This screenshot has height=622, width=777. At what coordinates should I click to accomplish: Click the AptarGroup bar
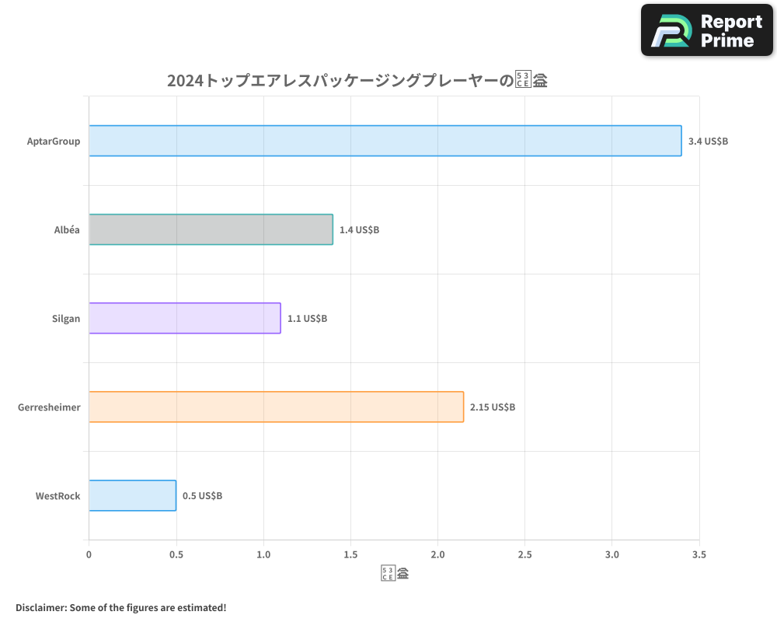[x=385, y=141]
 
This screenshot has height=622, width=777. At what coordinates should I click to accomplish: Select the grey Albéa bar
[x=211, y=229]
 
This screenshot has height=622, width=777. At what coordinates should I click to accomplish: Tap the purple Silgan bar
[x=184, y=318]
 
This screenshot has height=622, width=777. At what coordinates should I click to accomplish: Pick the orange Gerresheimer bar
[x=276, y=407]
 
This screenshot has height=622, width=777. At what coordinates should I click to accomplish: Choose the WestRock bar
[x=132, y=495]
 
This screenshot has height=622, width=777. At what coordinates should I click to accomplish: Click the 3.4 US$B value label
[x=708, y=142]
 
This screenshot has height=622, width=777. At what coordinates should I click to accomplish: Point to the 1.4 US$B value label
[x=359, y=230]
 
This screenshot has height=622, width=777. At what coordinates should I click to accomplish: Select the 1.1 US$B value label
[x=307, y=319]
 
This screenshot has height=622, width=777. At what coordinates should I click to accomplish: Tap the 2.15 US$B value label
[x=493, y=407]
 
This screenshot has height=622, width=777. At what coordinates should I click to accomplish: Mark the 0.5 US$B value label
[x=202, y=496]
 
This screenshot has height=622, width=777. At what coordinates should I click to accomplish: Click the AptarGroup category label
[x=54, y=142]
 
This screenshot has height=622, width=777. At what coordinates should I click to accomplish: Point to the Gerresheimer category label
[x=49, y=407]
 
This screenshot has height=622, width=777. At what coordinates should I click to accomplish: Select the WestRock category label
[x=57, y=496]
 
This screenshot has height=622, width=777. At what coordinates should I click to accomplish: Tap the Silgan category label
[x=66, y=319]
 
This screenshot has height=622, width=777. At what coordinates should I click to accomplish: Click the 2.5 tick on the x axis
[x=525, y=554]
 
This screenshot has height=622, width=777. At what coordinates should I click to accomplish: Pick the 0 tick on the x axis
[x=89, y=554]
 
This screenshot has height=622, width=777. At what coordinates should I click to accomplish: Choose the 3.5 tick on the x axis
[x=699, y=554]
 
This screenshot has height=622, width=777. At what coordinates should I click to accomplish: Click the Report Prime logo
[x=707, y=30]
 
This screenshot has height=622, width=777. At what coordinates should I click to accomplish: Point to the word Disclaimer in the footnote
[x=40, y=607]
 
